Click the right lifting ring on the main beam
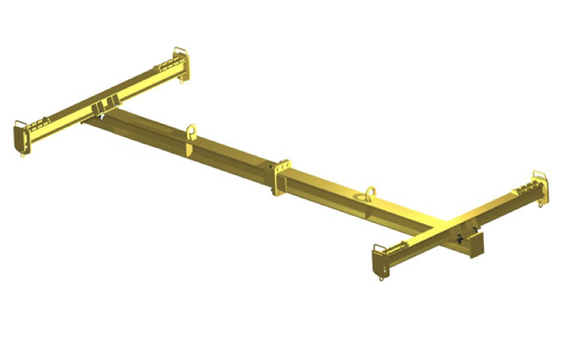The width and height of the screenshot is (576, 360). pyautogui.click(x=370, y=193)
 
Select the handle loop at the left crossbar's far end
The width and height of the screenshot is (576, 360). pyautogui.click(x=179, y=54)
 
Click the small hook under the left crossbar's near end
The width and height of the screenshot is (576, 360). pyautogui.click(x=23, y=153)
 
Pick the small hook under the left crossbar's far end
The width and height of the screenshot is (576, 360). pyautogui.click(x=181, y=81)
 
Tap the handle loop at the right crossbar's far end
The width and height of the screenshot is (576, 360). pyautogui.click(x=539, y=176)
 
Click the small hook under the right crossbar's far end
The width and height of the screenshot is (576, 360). pyautogui.click(x=541, y=205)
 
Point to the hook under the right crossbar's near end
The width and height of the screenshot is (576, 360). pyautogui.click(x=381, y=277)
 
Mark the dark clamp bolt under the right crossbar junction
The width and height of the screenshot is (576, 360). pyautogui.click(x=462, y=237)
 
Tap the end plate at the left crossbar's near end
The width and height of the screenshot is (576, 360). pyautogui.click(x=19, y=136)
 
